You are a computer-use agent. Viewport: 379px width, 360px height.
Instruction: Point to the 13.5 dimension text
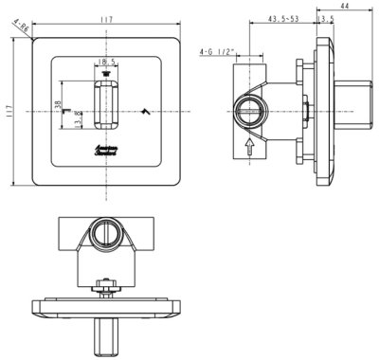(327, 19)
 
